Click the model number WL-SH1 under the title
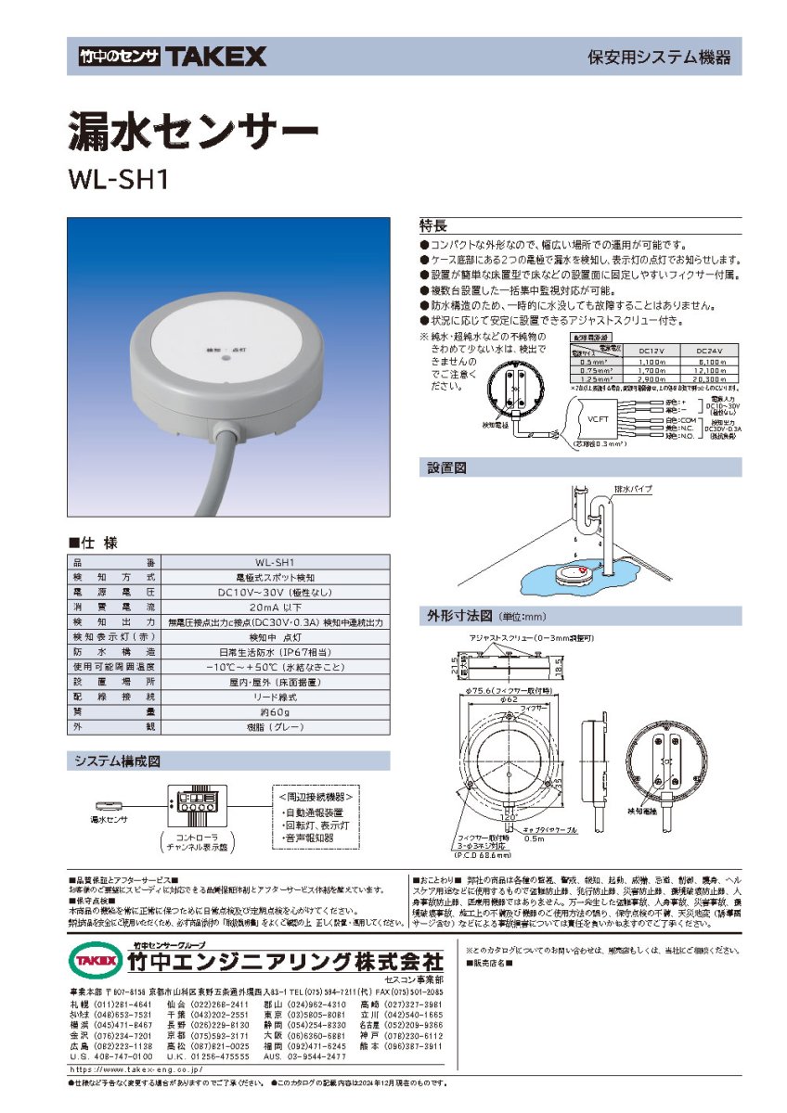117,178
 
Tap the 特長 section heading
433,225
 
